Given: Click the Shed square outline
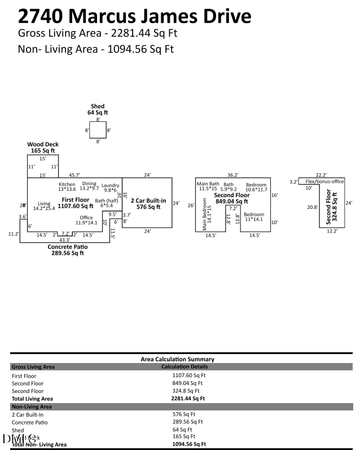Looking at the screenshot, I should click(98, 130).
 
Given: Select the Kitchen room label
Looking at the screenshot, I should click(67, 184).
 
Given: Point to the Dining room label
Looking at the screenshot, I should click(89, 183).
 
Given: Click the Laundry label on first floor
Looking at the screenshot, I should click(110, 186).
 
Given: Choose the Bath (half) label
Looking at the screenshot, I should click(107, 200).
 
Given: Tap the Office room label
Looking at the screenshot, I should click(86, 218).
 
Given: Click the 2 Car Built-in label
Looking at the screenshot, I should click(148, 200).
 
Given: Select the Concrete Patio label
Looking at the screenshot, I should click(67, 247).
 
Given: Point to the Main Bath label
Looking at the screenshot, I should click(208, 184).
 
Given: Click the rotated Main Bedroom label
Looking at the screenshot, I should click(204, 214).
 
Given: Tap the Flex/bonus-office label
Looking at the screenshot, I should click(324, 181).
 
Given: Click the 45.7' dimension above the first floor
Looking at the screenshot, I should click(74, 175).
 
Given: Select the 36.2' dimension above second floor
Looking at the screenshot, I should click(232, 175).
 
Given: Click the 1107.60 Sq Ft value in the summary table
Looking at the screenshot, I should click(188, 375).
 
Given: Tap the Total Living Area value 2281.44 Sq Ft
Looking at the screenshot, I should click(188, 398).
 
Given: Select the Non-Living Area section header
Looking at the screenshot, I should click(32, 406).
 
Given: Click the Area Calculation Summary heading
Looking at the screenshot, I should click(177, 359).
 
